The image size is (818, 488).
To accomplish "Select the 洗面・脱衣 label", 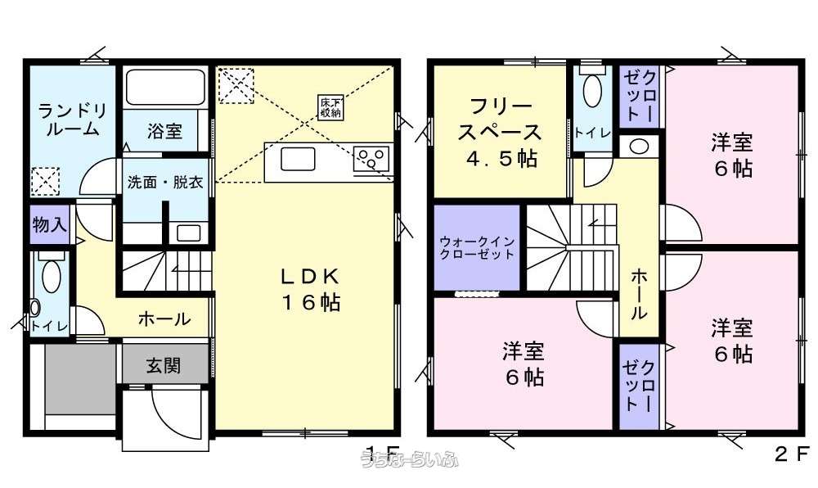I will coord(164,183).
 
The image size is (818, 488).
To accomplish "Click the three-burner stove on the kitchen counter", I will coord(372,158).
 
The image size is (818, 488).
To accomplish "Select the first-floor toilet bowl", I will coord(51,275).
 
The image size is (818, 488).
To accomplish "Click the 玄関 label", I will coord(164,365).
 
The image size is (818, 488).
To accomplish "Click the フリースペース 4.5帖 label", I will coord(501,133).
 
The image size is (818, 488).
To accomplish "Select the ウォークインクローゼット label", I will coord(477,247).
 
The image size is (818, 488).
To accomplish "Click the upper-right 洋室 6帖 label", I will coord(731,156).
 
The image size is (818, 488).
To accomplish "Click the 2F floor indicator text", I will coord(791,453).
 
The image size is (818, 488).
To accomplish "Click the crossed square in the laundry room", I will coord(45,178).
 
